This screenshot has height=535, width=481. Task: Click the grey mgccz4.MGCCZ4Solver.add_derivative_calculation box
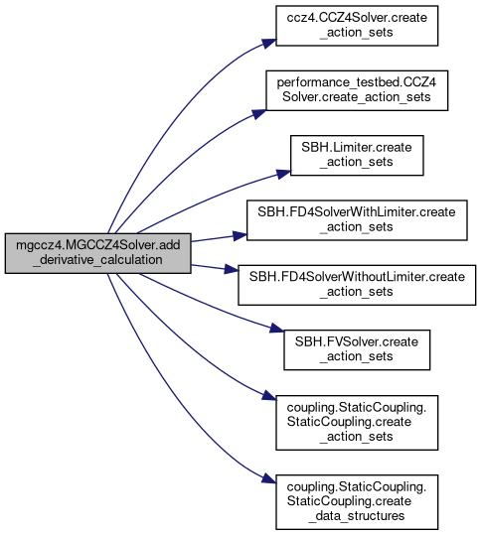click(x=97, y=253)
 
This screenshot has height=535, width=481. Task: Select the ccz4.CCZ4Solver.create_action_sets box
click(x=357, y=26)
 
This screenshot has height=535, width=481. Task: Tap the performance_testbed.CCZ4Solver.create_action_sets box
click(x=357, y=90)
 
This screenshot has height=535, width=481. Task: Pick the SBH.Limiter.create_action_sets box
click(x=357, y=155)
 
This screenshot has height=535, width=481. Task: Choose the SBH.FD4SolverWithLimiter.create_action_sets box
click(x=357, y=220)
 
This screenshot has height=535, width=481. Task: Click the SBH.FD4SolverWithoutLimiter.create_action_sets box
click(x=357, y=285)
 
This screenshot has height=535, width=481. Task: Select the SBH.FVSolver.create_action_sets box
click(x=357, y=349)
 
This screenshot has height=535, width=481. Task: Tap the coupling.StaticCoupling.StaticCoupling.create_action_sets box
click(x=357, y=423)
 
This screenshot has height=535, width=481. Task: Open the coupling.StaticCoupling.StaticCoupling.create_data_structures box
click(x=357, y=502)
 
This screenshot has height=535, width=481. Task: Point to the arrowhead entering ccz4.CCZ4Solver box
click(x=269, y=43)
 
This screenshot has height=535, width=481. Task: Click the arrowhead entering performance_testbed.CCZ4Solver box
click(x=259, y=113)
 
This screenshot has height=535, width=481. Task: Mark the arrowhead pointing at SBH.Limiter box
click(x=283, y=174)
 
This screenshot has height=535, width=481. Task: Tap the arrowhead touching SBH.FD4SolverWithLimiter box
click(x=240, y=235)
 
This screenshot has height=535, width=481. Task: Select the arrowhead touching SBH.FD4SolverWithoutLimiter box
click(x=232, y=270)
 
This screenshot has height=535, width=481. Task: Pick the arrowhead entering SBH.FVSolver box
click(x=277, y=329)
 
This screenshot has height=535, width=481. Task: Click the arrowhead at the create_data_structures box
click(x=269, y=479)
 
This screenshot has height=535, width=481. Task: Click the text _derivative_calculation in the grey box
click(x=97, y=260)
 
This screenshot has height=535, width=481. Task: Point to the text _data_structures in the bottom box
click(x=357, y=516)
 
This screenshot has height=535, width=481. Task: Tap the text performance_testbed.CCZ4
click(x=357, y=82)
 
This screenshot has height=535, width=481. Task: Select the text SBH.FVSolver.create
click(x=357, y=341)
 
